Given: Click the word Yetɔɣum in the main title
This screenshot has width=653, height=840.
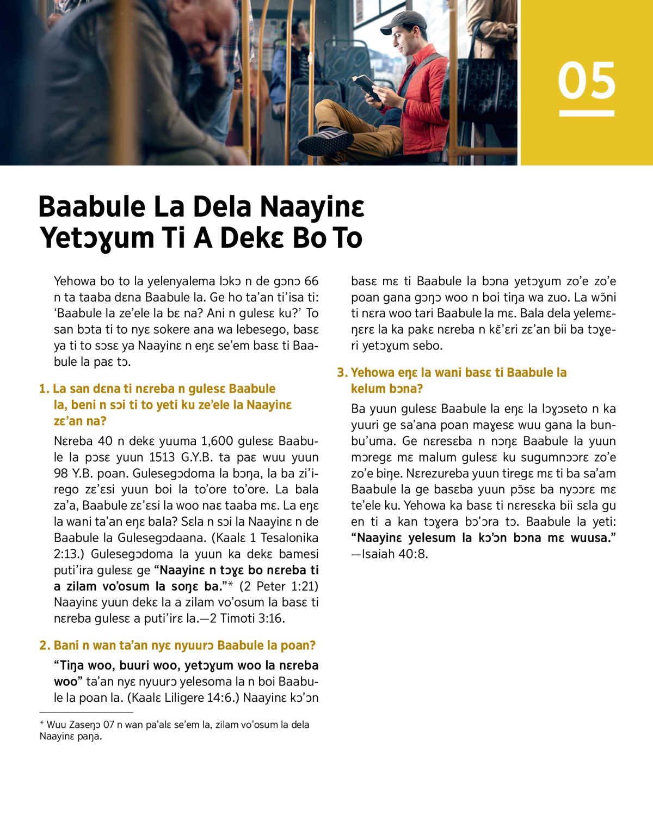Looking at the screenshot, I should [x=97, y=238].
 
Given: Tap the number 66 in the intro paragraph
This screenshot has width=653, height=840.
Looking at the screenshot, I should [x=311, y=281].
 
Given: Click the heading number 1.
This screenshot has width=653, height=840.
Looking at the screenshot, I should [x=44, y=389].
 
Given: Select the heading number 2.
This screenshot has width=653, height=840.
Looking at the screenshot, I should [x=44, y=646].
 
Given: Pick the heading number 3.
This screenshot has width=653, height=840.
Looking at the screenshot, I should [x=342, y=373].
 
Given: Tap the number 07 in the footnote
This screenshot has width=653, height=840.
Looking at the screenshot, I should [x=109, y=725].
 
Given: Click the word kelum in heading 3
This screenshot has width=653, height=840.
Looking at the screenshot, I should [x=367, y=389].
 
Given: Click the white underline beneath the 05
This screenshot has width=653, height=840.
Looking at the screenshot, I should [x=587, y=113].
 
